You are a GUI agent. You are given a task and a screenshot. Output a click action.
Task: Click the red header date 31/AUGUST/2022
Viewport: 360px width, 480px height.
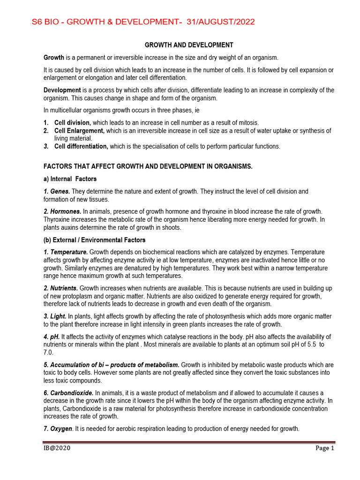[221, 22]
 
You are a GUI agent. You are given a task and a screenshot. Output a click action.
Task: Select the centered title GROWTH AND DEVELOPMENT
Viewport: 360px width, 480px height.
[189, 45]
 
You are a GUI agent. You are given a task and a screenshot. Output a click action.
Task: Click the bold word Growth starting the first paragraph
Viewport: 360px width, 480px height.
[54, 58]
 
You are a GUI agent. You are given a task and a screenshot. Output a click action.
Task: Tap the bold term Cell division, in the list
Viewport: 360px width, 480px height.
[73, 122]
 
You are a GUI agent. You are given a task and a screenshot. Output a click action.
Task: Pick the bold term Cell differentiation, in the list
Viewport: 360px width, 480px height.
[81, 146]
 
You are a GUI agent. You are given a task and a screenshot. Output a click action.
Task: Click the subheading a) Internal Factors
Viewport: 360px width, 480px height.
[70, 179]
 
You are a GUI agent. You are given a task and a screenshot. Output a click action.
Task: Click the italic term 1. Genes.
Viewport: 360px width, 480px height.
[57, 191]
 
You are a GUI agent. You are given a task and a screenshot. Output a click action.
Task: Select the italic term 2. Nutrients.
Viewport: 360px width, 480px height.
[61, 287]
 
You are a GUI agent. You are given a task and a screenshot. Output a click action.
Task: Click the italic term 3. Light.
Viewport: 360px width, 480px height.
[55, 316]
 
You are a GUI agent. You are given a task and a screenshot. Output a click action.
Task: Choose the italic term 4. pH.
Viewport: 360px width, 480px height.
[52, 337]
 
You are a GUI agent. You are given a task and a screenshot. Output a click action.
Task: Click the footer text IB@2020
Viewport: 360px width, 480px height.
[57, 448]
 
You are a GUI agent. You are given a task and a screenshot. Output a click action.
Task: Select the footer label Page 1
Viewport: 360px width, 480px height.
[324, 448]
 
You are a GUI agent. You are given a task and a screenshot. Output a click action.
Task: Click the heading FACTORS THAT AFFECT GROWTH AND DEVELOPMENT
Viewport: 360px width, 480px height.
[148, 167]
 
